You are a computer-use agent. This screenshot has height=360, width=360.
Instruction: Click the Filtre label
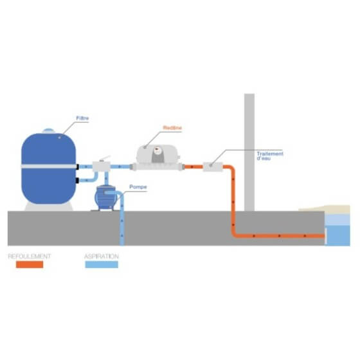pos(82,118)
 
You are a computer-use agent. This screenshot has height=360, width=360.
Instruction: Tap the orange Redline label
pos(172,128)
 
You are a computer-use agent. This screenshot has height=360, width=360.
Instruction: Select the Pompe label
pos(138,187)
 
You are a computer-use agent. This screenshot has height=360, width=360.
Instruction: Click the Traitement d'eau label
pos(270,156)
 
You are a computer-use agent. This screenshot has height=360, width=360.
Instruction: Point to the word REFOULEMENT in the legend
pos(30,256)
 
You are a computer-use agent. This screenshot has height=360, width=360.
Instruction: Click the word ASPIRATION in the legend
pos(102,256)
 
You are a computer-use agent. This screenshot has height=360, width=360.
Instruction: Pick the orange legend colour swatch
pos(30,264)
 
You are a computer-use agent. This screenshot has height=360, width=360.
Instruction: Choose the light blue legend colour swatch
pos(102,264)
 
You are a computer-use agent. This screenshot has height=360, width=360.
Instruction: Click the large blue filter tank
pos(49,168)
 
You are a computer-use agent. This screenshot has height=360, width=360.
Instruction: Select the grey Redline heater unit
pos(157,157)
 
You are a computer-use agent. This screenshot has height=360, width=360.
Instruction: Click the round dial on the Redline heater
pos(157,150)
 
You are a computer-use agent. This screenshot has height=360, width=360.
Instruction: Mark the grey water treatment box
pos(213,167)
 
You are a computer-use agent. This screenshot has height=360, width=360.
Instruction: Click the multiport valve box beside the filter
pos(102,166)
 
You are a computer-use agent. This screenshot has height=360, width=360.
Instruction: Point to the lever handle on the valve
pos(105,158)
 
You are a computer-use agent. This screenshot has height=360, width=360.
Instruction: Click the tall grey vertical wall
pos(249,152)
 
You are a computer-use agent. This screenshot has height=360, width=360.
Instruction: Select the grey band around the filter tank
pos(49,166)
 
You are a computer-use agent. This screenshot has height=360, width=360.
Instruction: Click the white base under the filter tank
pos(49,206)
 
